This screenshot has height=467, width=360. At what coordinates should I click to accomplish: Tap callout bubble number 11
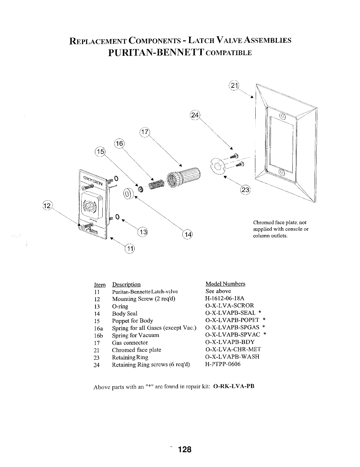click(x=130, y=249)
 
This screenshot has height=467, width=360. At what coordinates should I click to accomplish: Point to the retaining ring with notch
click(x=218, y=166)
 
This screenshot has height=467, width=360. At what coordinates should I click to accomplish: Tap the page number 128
click(x=185, y=449)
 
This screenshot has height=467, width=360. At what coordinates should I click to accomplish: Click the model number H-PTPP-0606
click(x=223, y=364)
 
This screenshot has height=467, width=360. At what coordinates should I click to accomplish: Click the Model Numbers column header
click(x=225, y=284)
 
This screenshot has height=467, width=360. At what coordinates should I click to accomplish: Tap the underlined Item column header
click(x=100, y=285)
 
